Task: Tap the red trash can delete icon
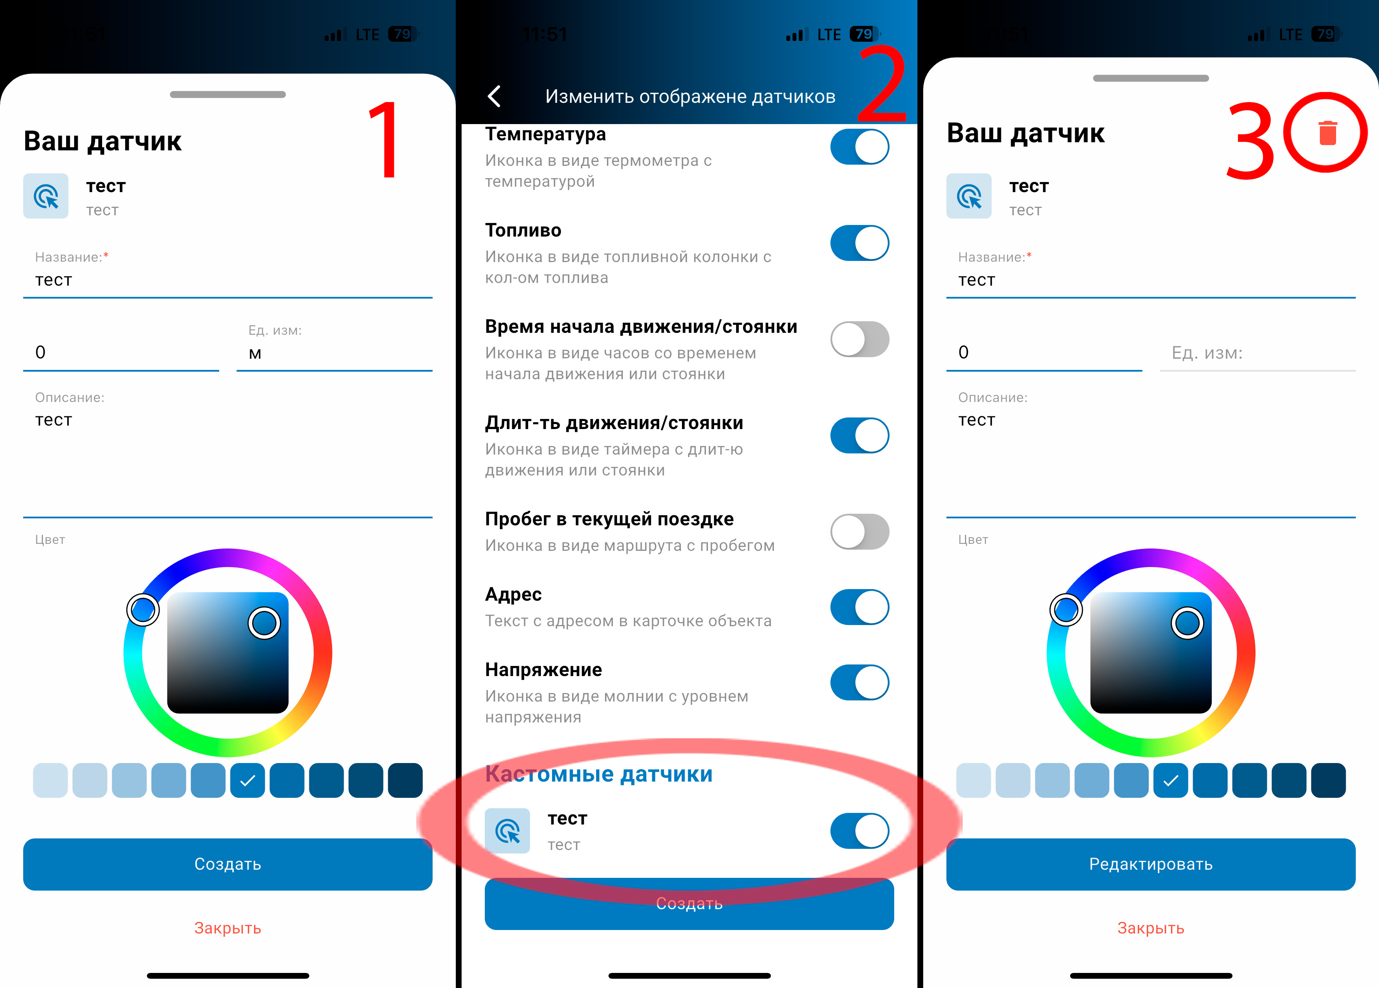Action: point(1327,133)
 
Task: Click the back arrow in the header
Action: point(494,96)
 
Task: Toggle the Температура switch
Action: point(859,146)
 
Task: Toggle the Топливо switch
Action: point(859,243)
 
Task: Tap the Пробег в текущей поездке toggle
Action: point(859,531)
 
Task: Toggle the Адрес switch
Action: point(859,607)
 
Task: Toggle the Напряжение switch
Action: point(859,682)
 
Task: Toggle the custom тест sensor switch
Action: point(859,831)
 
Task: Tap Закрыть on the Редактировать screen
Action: point(1151,928)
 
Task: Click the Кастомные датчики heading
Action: point(599,774)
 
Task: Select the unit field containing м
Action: point(334,353)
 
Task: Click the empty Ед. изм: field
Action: point(1257,353)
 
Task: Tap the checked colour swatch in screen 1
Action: point(247,780)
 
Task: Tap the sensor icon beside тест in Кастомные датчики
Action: point(507,831)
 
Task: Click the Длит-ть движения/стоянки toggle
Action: point(859,435)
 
